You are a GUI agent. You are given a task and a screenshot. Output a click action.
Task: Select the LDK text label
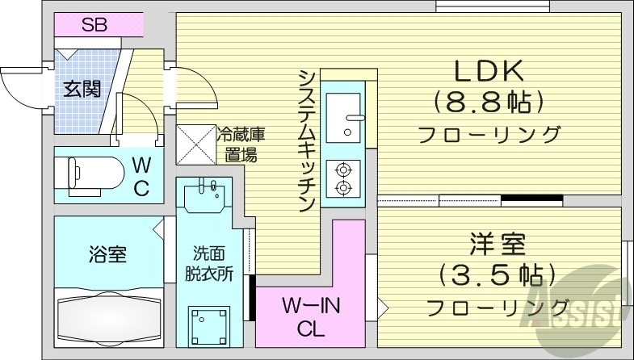(489, 73)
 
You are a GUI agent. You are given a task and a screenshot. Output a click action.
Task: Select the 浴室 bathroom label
(107, 256)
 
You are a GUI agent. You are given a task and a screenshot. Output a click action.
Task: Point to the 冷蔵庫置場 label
(240, 144)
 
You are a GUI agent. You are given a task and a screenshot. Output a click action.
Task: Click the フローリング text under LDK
(489, 134)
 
